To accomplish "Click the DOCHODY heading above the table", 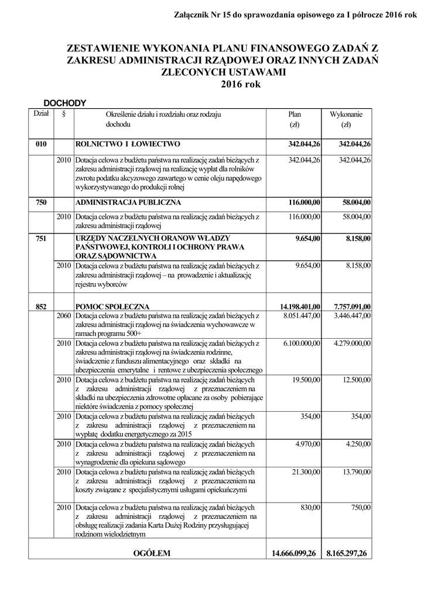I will (x=65, y=103).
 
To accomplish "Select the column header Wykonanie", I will (x=346, y=115).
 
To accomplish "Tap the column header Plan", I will (x=295, y=115).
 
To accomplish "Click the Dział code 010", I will (x=41, y=144).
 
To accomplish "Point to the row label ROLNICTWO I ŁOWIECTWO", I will (x=128, y=144).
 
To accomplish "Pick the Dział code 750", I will (x=41, y=202).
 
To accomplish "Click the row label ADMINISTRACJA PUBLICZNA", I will (x=128, y=202).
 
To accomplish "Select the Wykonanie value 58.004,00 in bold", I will (x=356, y=202).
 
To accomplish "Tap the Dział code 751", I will (x=41, y=239).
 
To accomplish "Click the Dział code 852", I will (x=41, y=306).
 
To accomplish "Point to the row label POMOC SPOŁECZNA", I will (x=112, y=306).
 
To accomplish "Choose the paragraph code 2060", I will (x=64, y=316).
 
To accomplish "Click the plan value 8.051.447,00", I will (x=302, y=316).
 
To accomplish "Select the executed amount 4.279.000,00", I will (x=352, y=343).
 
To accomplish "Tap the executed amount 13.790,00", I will (x=357, y=471).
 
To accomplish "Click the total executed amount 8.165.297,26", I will (x=347, y=553).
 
